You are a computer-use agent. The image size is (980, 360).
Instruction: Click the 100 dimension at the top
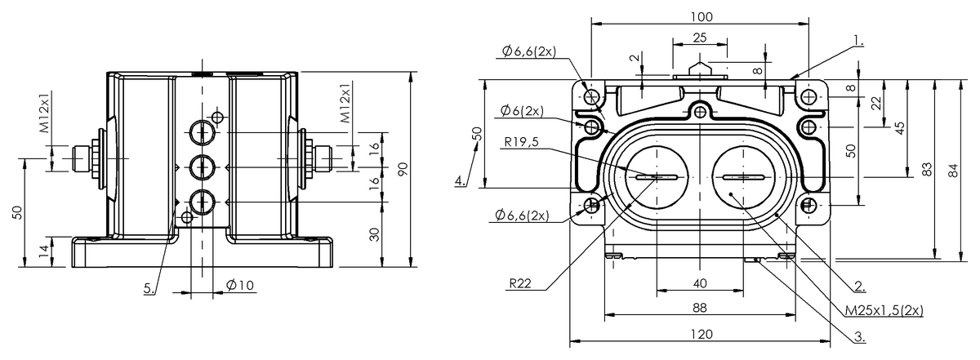point(701,16)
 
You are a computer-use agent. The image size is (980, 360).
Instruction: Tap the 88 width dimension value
point(701,308)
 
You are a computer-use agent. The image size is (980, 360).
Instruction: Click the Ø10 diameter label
point(239,285)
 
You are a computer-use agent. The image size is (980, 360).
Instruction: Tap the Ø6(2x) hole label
point(523,111)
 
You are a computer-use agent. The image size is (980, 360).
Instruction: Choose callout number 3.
point(859,335)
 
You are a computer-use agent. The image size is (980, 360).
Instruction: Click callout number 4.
point(461,180)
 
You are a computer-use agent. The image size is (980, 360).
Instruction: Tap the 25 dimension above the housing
point(700,38)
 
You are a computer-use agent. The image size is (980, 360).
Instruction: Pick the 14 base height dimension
point(42,251)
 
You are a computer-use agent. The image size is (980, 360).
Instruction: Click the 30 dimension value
point(373,233)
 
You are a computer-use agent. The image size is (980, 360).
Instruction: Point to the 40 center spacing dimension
point(700,282)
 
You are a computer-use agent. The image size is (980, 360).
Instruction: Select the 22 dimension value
point(875,104)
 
